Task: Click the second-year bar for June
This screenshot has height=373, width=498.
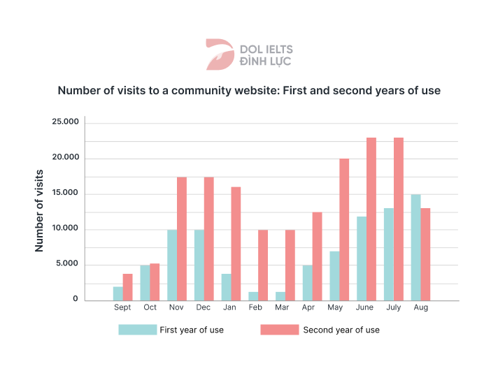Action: pos(371,219)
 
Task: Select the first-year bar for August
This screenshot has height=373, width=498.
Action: pos(416,247)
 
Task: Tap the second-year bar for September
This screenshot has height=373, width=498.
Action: pos(127,287)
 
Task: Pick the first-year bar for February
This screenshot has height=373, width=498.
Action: pos(253,296)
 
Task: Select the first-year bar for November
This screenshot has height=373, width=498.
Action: pos(172,265)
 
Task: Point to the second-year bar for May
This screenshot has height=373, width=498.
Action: pos(344,230)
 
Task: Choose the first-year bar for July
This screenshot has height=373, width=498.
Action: pos(389,254)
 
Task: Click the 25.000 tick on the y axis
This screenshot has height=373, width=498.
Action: pos(66,123)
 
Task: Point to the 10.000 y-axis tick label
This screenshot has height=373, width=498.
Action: pos(66,229)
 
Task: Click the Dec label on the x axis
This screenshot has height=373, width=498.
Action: pos(204,307)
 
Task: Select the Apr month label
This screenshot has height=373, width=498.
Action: pos(308,307)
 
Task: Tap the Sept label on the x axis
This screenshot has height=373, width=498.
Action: pos(122,307)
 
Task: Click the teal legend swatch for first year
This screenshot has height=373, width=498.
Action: pos(137,329)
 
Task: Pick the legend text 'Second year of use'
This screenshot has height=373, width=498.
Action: pos(341,330)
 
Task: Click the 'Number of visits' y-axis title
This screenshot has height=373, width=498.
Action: pos(40,210)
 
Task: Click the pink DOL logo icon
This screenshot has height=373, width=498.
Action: pos(220,54)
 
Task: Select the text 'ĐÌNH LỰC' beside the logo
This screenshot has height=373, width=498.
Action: pos(265,62)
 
